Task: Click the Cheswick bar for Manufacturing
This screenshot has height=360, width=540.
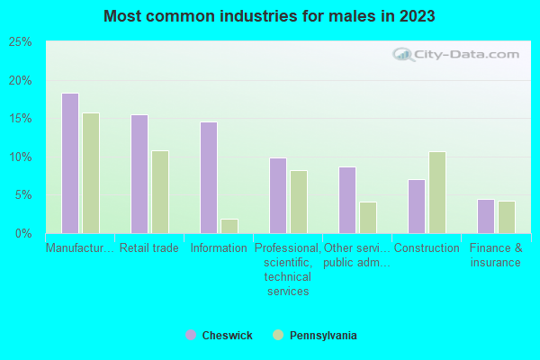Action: click(70, 163)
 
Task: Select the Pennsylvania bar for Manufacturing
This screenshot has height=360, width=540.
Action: click(91, 173)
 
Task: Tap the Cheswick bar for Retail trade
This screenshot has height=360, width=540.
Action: click(139, 174)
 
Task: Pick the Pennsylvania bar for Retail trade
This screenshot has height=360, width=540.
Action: click(160, 192)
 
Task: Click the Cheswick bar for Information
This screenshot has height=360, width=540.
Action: click(209, 177)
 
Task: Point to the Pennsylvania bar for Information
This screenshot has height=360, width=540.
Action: click(229, 226)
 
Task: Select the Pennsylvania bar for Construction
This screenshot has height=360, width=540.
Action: click(437, 193)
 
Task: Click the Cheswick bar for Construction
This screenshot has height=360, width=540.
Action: click(417, 206)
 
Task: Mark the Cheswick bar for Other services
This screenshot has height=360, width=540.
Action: click(347, 200)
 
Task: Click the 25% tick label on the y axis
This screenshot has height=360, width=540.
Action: click(21, 42)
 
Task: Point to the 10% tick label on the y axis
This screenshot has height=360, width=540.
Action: click(21, 157)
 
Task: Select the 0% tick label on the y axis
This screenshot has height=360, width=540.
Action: click(24, 233)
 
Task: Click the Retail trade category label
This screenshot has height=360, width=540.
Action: click(149, 248)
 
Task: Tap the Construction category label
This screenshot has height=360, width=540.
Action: click(427, 248)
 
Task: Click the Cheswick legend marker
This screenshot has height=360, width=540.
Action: click(190, 335)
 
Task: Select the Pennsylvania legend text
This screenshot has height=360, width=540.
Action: click(323, 336)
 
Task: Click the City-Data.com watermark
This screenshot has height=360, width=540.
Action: click(459, 54)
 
